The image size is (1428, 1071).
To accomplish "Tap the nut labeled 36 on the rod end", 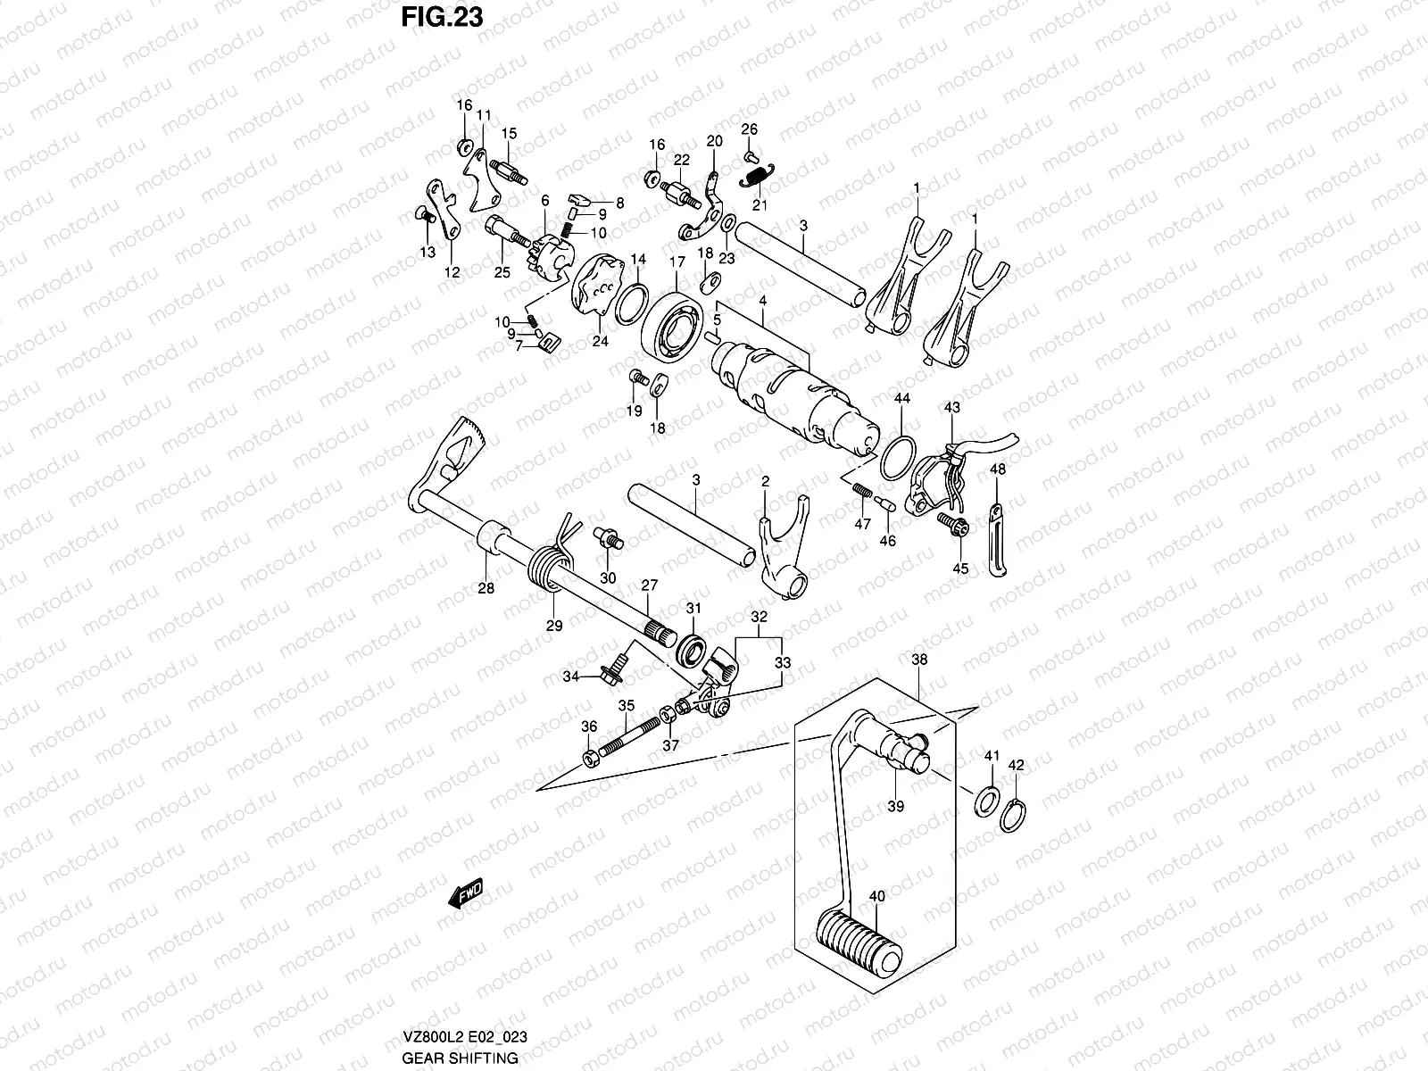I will click(590, 759).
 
